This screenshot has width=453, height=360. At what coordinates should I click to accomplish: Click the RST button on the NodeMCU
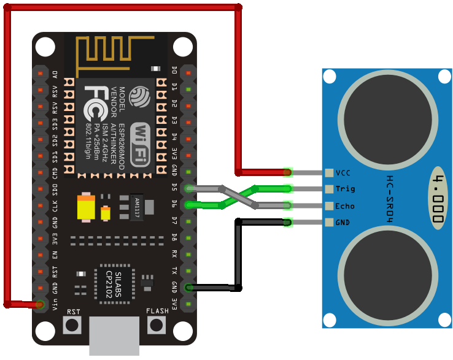(73, 324)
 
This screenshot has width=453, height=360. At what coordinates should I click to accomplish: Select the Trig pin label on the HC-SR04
(346, 189)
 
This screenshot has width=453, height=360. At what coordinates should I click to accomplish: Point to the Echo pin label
(346, 206)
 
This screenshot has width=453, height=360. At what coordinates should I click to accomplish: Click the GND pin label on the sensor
(343, 222)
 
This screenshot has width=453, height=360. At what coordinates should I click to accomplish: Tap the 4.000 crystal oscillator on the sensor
(438, 197)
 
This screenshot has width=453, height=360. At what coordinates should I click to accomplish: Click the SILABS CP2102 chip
(114, 284)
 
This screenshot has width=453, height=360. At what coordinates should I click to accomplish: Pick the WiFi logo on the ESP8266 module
(141, 143)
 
